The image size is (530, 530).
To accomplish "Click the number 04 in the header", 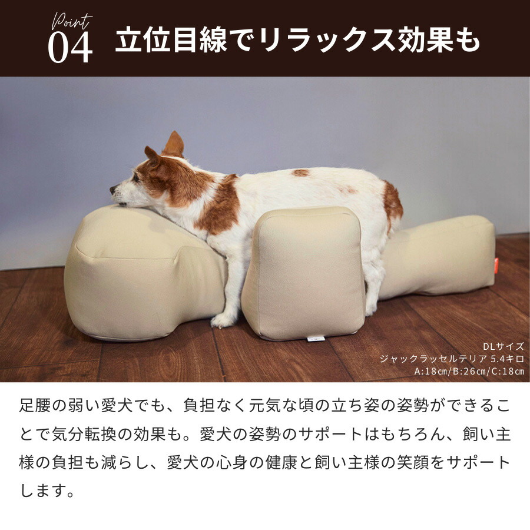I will [x=70, y=47].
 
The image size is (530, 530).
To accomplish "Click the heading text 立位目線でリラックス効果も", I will [x=297, y=41].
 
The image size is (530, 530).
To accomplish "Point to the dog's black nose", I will [x=112, y=190].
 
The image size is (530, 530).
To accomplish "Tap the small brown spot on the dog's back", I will [x=301, y=173].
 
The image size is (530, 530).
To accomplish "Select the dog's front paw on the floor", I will [x=223, y=320].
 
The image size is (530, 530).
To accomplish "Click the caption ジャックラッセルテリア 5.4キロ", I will [x=451, y=359].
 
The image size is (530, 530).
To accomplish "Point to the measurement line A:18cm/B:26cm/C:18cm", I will [x=469, y=371].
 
